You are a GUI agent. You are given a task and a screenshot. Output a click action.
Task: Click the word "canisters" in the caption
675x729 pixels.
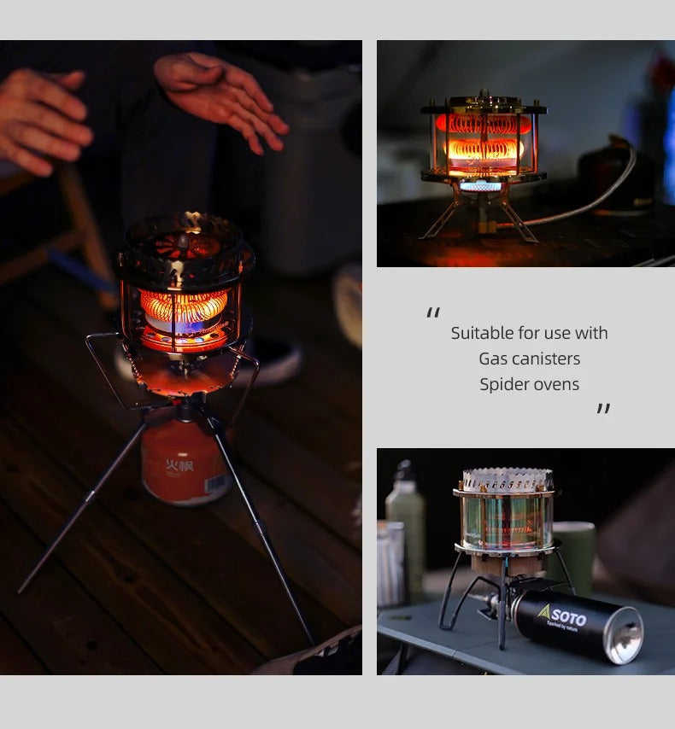(549, 359)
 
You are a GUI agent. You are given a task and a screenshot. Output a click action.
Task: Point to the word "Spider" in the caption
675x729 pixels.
(504, 384)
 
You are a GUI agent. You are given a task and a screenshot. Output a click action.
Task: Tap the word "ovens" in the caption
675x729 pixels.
(556, 384)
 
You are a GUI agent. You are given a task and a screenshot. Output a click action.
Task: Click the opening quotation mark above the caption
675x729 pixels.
(434, 313)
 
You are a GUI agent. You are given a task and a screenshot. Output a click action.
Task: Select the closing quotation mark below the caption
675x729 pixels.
(603, 409)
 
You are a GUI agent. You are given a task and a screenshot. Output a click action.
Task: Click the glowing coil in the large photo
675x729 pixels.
(184, 306)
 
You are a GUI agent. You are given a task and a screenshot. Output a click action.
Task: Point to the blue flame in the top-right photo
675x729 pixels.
(481, 185)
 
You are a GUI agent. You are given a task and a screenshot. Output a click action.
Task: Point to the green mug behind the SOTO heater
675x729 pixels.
(573, 555)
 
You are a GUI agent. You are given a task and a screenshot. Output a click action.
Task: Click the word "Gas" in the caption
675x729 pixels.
(493, 359)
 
